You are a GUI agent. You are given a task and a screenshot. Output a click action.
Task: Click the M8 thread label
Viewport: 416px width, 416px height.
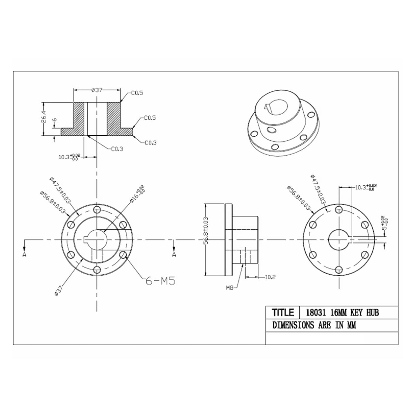(230, 288)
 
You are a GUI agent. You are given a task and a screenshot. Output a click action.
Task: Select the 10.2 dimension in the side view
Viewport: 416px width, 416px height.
(270, 277)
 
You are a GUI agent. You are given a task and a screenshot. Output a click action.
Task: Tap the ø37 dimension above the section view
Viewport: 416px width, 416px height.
(97, 90)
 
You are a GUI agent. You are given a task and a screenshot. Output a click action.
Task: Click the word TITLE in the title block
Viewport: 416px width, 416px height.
(283, 312)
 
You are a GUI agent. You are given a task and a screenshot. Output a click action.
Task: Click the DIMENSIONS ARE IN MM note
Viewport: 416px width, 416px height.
(314, 325)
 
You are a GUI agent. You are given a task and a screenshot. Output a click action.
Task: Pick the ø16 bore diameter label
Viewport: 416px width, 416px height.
(137, 194)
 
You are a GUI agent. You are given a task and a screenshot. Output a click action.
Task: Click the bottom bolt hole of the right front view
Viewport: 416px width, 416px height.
(339, 269)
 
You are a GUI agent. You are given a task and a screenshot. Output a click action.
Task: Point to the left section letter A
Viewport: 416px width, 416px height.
(24, 254)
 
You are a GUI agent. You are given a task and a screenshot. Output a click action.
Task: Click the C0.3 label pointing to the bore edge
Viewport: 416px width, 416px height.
(117, 149)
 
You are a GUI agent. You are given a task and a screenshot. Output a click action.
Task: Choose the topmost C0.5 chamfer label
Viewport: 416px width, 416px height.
(137, 93)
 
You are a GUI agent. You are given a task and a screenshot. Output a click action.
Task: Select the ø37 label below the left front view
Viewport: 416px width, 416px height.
(58, 290)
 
